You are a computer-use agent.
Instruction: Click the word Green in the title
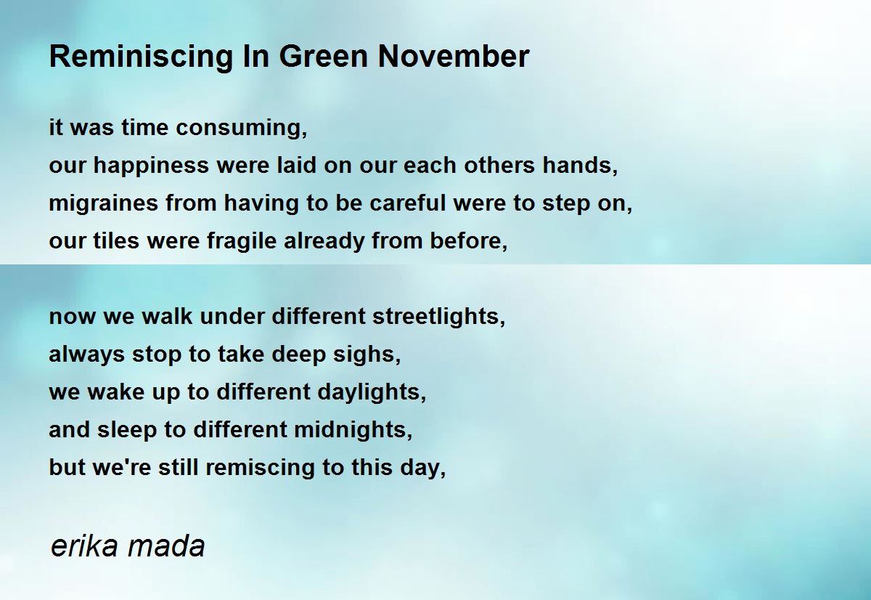point(324,57)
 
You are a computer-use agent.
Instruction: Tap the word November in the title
point(454,57)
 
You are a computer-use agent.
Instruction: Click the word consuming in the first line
point(241,129)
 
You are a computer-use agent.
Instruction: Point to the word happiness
point(151,166)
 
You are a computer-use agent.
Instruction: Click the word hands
point(580,166)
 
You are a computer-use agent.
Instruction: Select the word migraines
point(103,203)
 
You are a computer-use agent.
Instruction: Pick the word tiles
point(116,240)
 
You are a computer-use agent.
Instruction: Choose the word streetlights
point(438,317)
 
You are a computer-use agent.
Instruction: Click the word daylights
point(372,392)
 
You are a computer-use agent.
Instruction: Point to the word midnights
point(353,430)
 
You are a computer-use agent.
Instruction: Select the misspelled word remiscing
point(260,468)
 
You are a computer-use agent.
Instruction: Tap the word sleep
point(126,431)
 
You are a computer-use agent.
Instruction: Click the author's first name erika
point(84,546)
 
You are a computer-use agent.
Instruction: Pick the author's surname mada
point(166,546)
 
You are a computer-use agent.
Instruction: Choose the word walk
point(167,316)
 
